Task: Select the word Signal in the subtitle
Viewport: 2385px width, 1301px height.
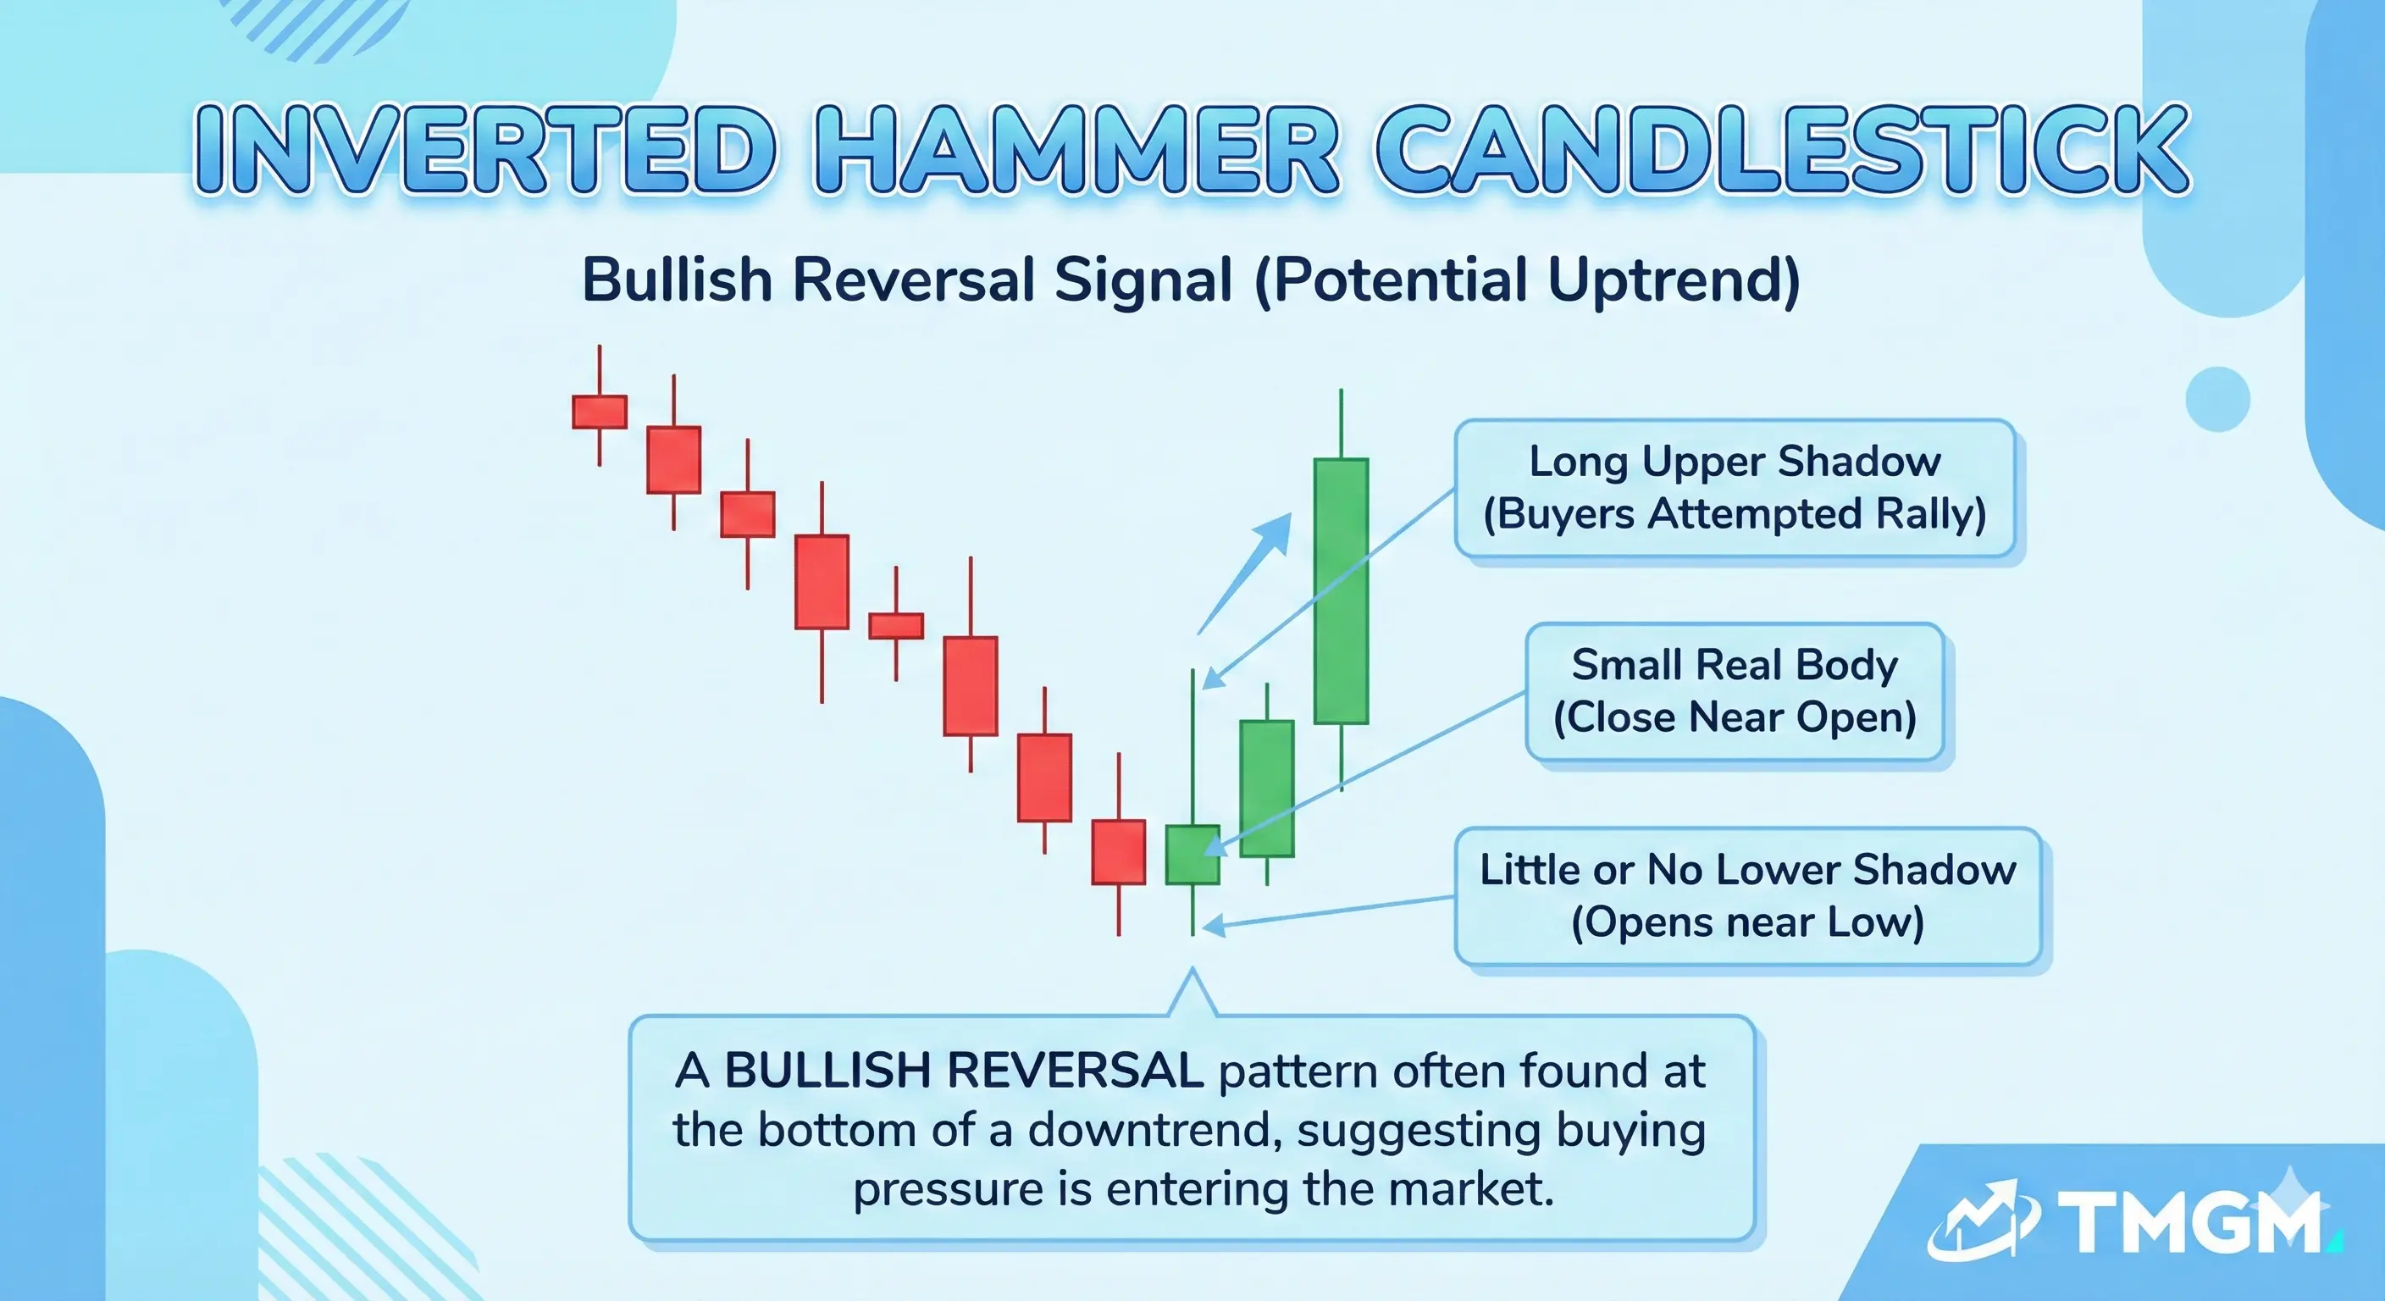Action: point(1143,280)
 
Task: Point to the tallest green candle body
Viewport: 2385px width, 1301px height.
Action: point(1341,590)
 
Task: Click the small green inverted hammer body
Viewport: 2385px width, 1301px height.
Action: point(1192,855)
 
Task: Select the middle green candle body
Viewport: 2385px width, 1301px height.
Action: point(1266,788)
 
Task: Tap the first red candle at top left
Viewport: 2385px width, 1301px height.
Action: point(599,411)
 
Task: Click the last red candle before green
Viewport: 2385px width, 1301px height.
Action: point(1119,852)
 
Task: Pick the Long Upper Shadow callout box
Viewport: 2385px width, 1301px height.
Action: point(1735,488)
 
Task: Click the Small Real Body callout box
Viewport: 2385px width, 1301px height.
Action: point(1735,692)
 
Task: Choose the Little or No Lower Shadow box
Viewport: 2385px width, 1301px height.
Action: point(1747,896)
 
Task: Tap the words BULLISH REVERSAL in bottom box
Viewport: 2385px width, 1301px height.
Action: point(963,1071)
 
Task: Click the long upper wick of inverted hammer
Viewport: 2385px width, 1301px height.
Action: point(1192,741)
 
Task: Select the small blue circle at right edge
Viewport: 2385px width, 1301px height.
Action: point(2216,399)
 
